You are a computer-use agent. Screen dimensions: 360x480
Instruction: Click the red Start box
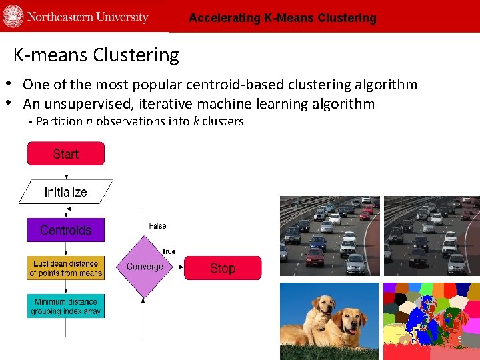pyautogui.click(x=65, y=154)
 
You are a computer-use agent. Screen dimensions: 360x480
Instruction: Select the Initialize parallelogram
pyautogui.click(x=65, y=192)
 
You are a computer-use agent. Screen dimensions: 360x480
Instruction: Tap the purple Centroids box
pyautogui.click(x=65, y=230)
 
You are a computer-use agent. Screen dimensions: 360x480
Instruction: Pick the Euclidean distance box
pyautogui.click(x=65, y=268)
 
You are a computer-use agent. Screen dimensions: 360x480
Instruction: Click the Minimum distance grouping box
pyautogui.click(x=65, y=306)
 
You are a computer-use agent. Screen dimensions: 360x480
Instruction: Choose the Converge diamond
pyautogui.click(x=145, y=267)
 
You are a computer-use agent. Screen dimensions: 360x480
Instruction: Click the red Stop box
pyautogui.click(x=223, y=268)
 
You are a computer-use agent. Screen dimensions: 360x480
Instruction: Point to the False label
pyautogui.click(x=157, y=226)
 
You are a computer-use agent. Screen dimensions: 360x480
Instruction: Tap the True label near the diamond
pyautogui.click(x=169, y=251)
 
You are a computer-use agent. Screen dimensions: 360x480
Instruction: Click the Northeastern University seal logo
pyautogui.click(x=13, y=17)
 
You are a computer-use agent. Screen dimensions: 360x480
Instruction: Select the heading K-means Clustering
pyautogui.click(x=96, y=55)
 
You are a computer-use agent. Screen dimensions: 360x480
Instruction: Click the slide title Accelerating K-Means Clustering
pyautogui.click(x=282, y=18)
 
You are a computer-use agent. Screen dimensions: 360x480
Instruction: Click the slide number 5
pyautogui.click(x=459, y=340)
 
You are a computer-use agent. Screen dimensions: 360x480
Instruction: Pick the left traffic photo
pyautogui.click(x=329, y=235)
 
